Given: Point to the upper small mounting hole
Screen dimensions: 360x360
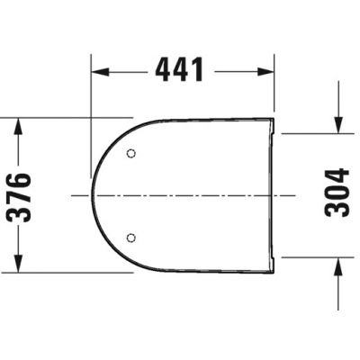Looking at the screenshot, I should pyautogui.click(x=131, y=153).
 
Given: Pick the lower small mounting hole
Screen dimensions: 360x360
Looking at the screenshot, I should pyautogui.click(x=131, y=238).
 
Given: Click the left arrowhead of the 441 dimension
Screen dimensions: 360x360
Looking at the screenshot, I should pyautogui.click(x=98, y=68).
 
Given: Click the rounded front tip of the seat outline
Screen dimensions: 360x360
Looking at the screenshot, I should pyautogui.click(x=93, y=195).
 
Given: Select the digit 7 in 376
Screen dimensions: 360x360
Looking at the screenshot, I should pyautogui.click(x=21, y=193).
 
